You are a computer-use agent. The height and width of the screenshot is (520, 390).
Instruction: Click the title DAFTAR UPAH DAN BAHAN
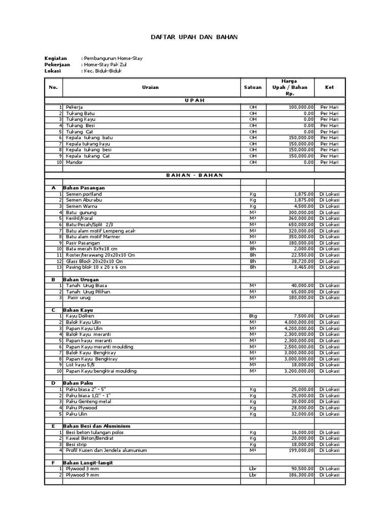click(194, 38)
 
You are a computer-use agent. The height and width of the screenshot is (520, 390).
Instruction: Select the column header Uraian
click(150, 87)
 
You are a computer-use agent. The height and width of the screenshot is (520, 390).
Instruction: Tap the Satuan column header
click(253, 87)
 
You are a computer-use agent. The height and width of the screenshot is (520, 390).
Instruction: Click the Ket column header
click(329, 87)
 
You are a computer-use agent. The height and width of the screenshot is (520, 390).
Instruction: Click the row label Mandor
click(75, 162)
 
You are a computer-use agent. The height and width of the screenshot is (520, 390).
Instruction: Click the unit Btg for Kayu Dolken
click(253, 316)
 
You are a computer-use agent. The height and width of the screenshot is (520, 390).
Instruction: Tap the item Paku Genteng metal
click(88, 402)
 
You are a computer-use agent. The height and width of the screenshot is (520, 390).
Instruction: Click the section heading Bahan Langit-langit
click(88, 463)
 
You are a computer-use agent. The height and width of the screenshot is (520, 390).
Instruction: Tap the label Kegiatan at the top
click(56, 58)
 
